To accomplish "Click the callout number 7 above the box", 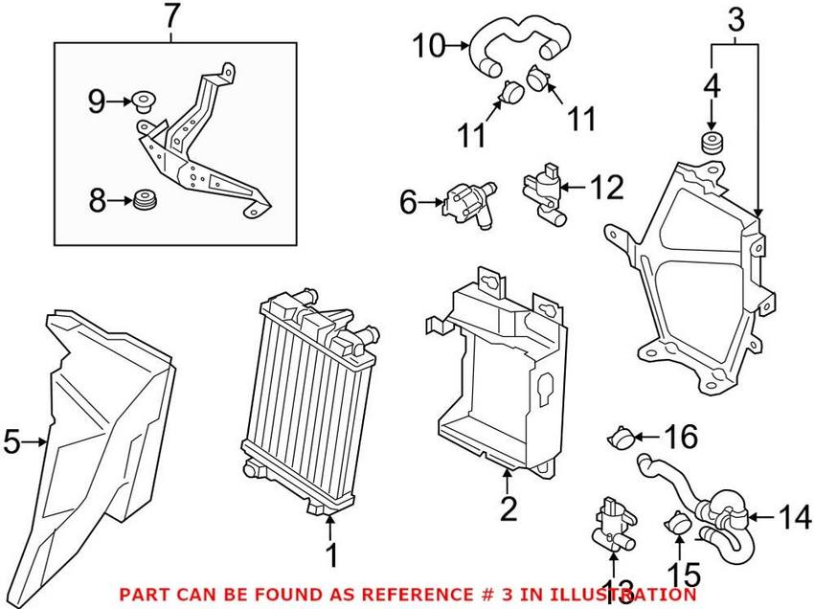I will pyautogui.click(x=171, y=16).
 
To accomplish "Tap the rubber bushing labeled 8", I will pyautogui.click(x=147, y=201).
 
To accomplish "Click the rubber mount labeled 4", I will pyautogui.click(x=712, y=145).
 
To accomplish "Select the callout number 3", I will pyautogui.click(x=734, y=18).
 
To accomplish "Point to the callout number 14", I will pyautogui.click(x=794, y=518).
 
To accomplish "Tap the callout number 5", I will pyautogui.click(x=12, y=441).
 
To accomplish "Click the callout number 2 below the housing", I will pyautogui.click(x=508, y=508).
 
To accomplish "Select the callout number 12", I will pyautogui.click(x=604, y=187).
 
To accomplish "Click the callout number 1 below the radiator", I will pyautogui.click(x=330, y=553).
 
